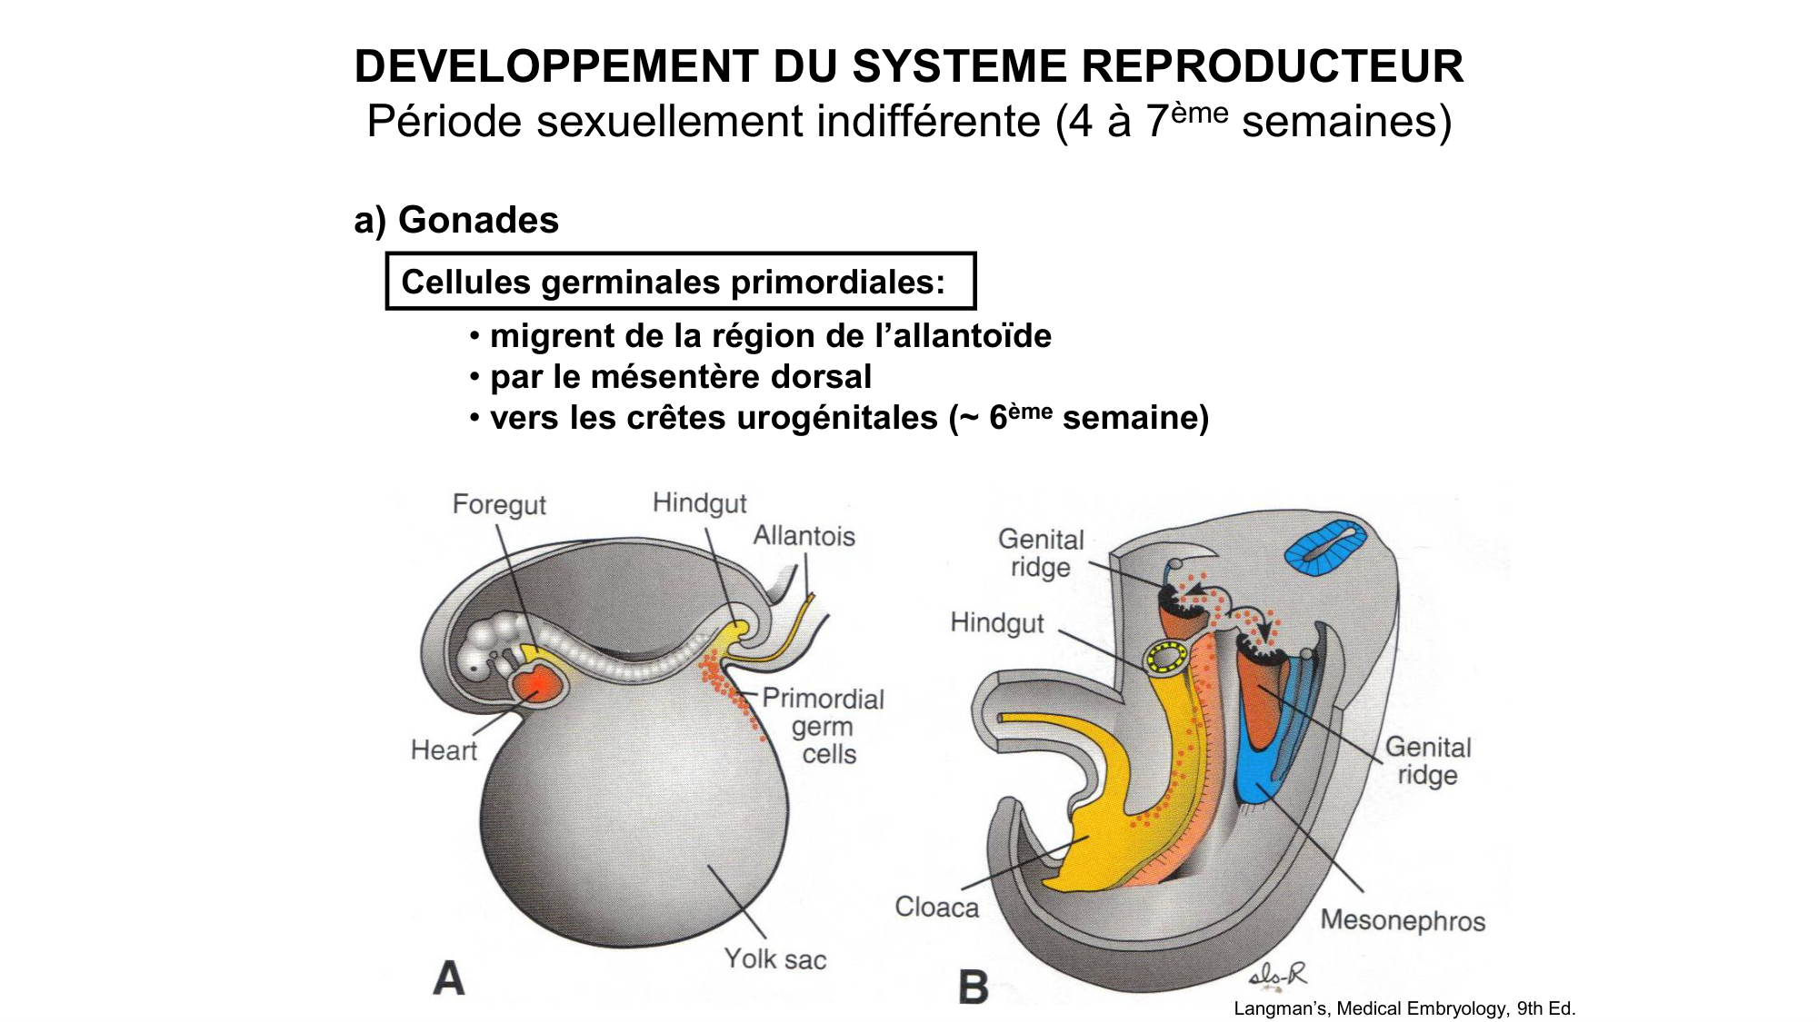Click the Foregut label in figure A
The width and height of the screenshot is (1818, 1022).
(x=499, y=504)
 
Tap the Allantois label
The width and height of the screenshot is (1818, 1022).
(x=804, y=536)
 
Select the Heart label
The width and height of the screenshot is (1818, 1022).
(x=444, y=750)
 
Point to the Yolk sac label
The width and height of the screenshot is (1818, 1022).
(x=774, y=958)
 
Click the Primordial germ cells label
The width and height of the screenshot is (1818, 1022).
(x=823, y=726)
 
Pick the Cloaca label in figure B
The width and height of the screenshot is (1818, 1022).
(x=936, y=907)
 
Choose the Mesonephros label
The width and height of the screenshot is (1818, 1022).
(x=1402, y=920)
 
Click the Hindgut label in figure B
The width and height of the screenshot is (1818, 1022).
(x=997, y=623)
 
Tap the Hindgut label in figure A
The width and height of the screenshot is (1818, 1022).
(x=699, y=503)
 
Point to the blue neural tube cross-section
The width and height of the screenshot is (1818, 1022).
(x=1325, y=546)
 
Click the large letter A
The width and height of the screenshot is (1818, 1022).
(x=449, y=979)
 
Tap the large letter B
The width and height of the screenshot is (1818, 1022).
(x=974, y=987)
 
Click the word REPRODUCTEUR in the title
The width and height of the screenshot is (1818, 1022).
(x=1273, y=66)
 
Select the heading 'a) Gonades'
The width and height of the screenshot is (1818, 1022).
(x=456, y=220)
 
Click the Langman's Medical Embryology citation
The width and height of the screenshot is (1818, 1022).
(x=1403, y=1008)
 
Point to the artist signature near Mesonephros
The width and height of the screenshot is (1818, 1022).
(x=1277, y=977)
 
